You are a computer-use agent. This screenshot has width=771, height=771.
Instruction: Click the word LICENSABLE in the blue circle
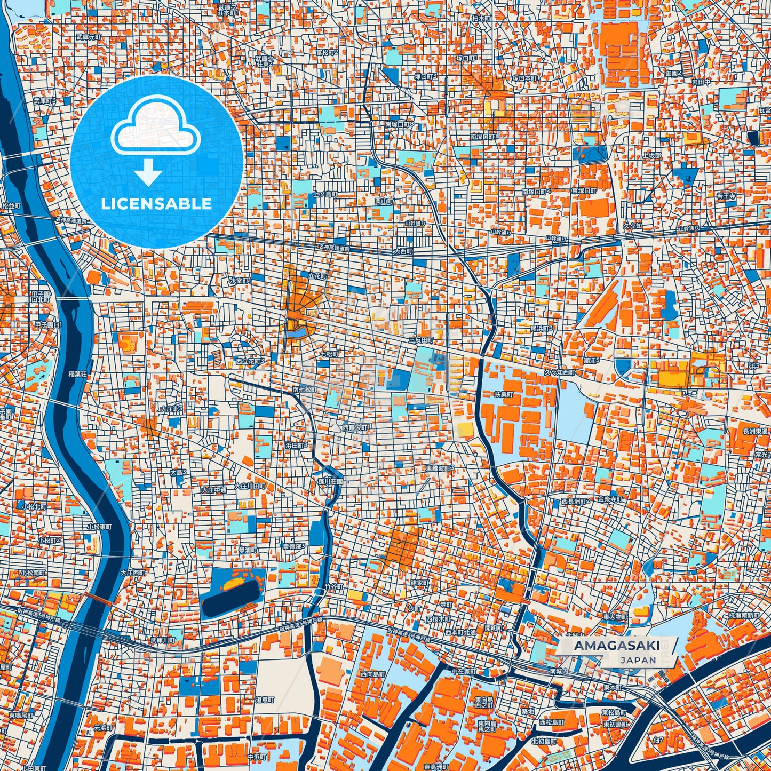pyautogui.click(x=156, y=204)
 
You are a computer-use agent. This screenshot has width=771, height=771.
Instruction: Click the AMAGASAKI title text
pyautogui.click(x=616, y=646)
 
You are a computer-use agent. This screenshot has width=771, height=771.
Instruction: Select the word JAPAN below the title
pyautogui.click(x=638, y=660)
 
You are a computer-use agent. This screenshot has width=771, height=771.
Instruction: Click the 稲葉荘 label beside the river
pyautogui.click(x=77, y=375)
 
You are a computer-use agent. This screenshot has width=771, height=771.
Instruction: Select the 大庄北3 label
pyautogui.click(x=172, y=408)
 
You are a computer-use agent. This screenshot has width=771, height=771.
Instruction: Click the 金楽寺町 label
pyautogui.click(x=610, y=499)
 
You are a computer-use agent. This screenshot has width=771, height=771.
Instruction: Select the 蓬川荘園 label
pyautogui.click(x=328, y=481)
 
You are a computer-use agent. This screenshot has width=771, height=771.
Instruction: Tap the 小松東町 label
pyautogui.click(x=100, y=527)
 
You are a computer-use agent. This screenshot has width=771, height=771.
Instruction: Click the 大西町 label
pyautogui.click(x=403, y=250)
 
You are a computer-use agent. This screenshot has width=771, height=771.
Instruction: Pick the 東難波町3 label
pyautogui.click(x=440, y=468)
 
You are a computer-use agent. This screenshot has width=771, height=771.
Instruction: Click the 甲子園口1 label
pyautogui.click(x=48, y=324)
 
